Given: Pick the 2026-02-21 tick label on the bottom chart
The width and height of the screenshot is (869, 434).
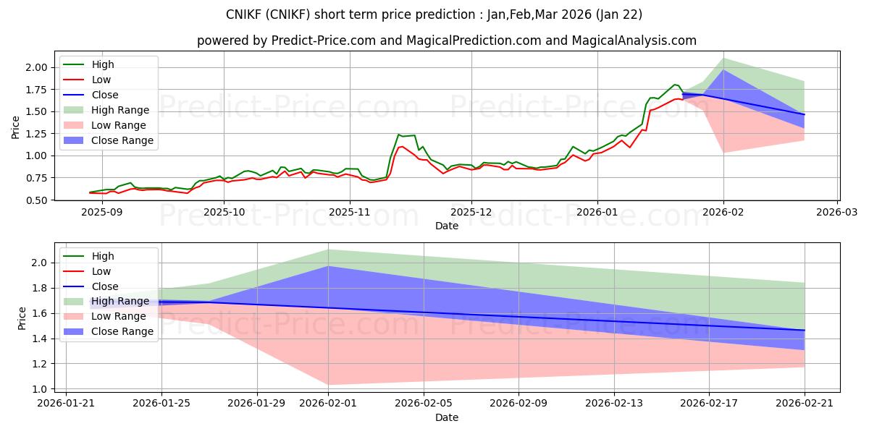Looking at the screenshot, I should click(x=805, y=402).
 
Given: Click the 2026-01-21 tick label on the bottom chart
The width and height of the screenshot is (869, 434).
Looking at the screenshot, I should click(x=66, y=402).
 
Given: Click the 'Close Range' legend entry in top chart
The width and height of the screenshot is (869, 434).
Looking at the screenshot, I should click(x=122, y=140).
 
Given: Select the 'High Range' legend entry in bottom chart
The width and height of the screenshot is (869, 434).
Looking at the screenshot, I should click(x=120, y=301).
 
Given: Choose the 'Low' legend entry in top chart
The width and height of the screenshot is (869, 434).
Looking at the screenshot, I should click(x=101, y=80).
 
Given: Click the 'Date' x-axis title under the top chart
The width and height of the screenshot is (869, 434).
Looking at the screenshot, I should click(x=447, y=226).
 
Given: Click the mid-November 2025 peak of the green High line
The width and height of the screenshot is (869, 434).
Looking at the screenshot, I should click(x=398, y=135).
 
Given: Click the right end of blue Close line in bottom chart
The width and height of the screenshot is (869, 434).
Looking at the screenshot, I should click(x=805, y=330).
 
